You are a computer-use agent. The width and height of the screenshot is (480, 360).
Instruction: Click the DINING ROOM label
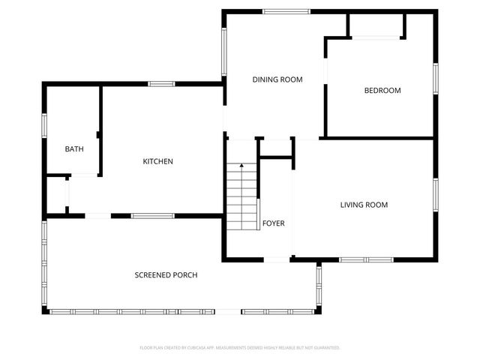(x=277, y=79)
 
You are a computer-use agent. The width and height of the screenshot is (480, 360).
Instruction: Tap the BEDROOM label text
(x=382, y=91)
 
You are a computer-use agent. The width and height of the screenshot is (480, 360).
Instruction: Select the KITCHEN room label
(x=158, y=161)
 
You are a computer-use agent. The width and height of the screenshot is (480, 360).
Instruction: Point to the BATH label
(x=74, y=149)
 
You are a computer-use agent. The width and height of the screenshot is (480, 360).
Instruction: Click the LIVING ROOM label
(x=364, y=205)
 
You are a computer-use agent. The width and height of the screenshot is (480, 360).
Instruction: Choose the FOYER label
(x=273, y=223)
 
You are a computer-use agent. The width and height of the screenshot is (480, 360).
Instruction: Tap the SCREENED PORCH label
(x=166, y=275)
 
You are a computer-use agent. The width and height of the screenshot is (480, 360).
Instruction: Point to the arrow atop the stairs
(x=241, y=165)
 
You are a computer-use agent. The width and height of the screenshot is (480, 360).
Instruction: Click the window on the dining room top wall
(x=286, y=11)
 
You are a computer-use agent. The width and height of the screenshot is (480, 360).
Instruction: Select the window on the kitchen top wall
(x=161, y=83)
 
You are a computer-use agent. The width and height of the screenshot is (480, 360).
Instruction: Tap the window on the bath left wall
(x=44, y=124)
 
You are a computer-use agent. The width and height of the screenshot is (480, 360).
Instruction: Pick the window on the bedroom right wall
(x=435, y=77)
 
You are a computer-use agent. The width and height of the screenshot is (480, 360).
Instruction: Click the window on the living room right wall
(x=435, y=193)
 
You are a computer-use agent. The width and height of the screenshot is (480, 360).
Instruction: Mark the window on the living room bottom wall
(x=366, y=259)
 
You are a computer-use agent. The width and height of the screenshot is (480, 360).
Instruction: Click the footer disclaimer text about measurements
(x=240, y=348)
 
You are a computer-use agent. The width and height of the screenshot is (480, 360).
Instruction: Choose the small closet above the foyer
(x=275, y=148)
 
